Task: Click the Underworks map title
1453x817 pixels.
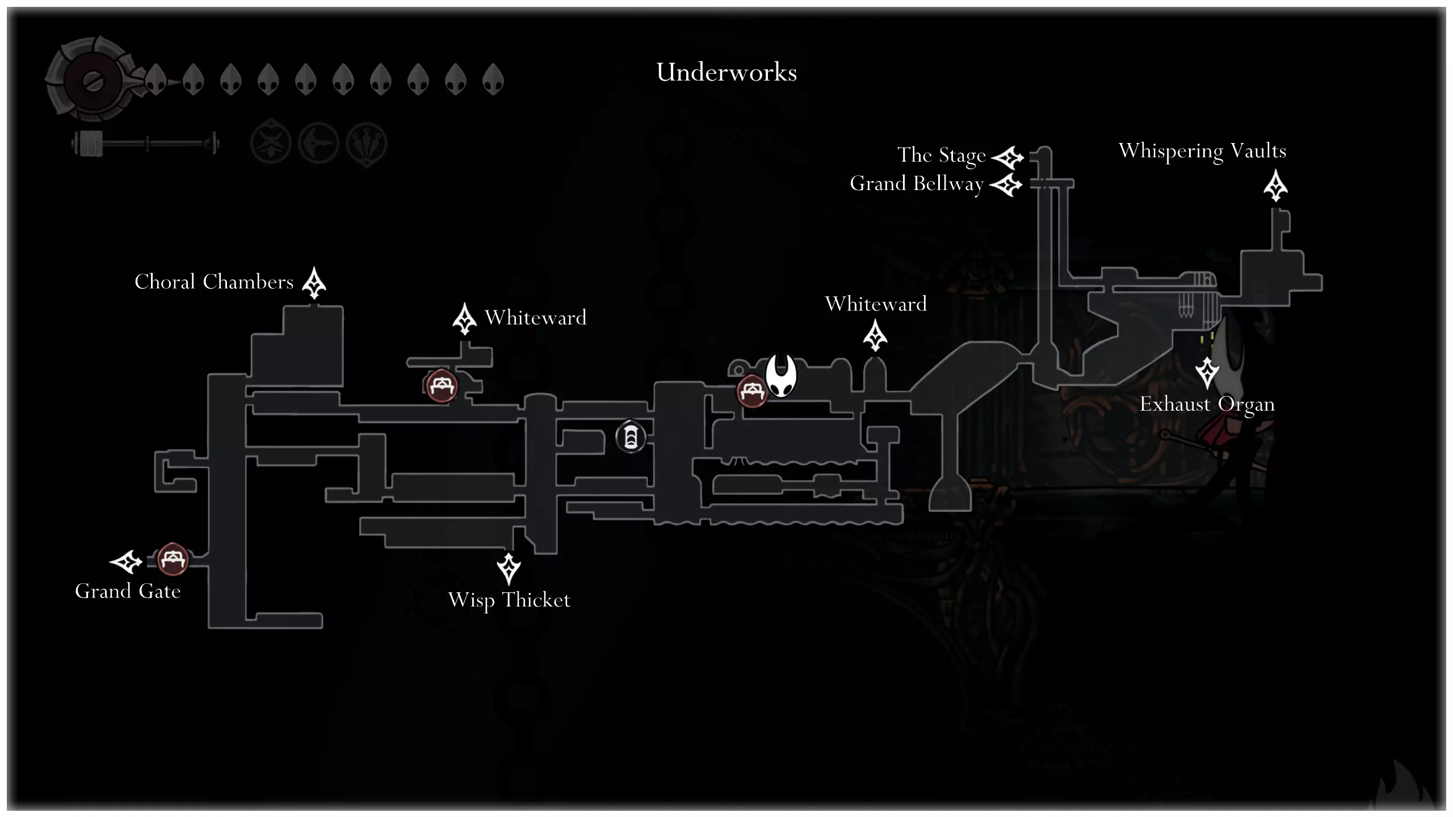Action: pos(726,73)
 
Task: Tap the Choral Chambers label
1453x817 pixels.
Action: pos(214,282)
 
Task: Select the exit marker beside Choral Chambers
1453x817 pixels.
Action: pos(314,283)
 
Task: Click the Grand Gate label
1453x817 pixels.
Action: pos(128,591)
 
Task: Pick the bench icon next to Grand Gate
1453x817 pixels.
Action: pos(172,559)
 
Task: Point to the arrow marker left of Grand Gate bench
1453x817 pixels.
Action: pos(126,562)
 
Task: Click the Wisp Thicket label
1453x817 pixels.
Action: pos(509,600)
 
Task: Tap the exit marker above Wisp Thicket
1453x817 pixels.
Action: pos(509,568)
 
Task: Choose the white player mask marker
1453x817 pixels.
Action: pos(781,375)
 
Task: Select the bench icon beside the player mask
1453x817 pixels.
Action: pos(752,391)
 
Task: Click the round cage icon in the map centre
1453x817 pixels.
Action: pos(631,437)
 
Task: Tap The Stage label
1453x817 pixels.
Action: pos(941,155)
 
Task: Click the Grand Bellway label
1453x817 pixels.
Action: pos(916,184)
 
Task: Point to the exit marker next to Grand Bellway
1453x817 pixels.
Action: pos(1006,185)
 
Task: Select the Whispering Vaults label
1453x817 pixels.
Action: pos(1202,151)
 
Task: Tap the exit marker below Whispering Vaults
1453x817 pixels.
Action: pos(1275,186)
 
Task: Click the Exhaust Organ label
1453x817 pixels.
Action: pos(1207,405)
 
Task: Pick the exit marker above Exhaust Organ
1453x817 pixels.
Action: pos(1207,372)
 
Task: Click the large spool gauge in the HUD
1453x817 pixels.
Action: pos(91,80)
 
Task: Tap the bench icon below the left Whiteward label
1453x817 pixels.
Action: pos(442,386)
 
